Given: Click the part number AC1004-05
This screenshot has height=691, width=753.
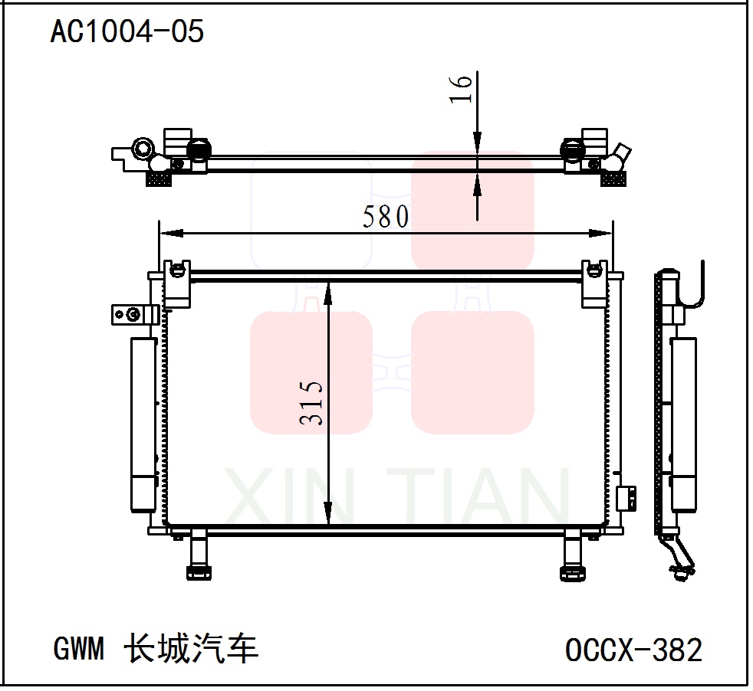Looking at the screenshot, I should pyautogui.click(x=127, y=31).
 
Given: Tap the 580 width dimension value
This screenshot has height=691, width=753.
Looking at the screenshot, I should pyautogui.click(x=386, y=218).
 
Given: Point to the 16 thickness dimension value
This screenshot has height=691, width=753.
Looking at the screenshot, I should pyautogui.click(x=461, y=90).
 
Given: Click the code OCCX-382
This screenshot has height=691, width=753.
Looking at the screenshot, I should pyautogui.click(x=633, y=650).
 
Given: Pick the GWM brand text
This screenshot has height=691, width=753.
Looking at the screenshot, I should pyautogui.click(x=78, y=650).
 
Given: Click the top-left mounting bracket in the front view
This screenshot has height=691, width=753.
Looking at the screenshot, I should pyautogui.click(x=177, y=283).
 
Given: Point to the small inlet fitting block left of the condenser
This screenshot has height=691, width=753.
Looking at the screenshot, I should pyautogui.click(x=134, y=313).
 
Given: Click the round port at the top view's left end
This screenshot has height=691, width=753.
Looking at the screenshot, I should pyautogui.click(x=142, y=147).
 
